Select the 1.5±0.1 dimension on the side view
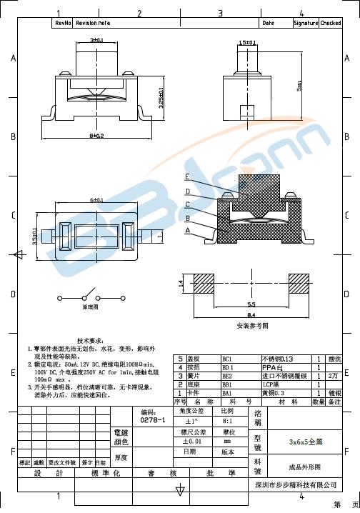click(247, 43)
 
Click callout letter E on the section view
click(187, 176)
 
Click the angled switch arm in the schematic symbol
click(91, 292)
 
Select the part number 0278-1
click(152, 421)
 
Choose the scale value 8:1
click(227, 421)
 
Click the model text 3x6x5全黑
click(304, 442)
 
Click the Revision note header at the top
click(93, 23)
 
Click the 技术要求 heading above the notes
click(91, 341)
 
